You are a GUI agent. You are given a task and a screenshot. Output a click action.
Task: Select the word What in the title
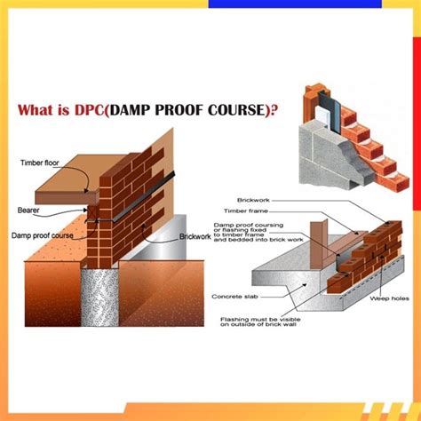point(38,113)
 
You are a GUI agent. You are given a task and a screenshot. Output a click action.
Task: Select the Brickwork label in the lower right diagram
point(255,201)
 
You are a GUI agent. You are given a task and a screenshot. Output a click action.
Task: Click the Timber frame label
point(256,211)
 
